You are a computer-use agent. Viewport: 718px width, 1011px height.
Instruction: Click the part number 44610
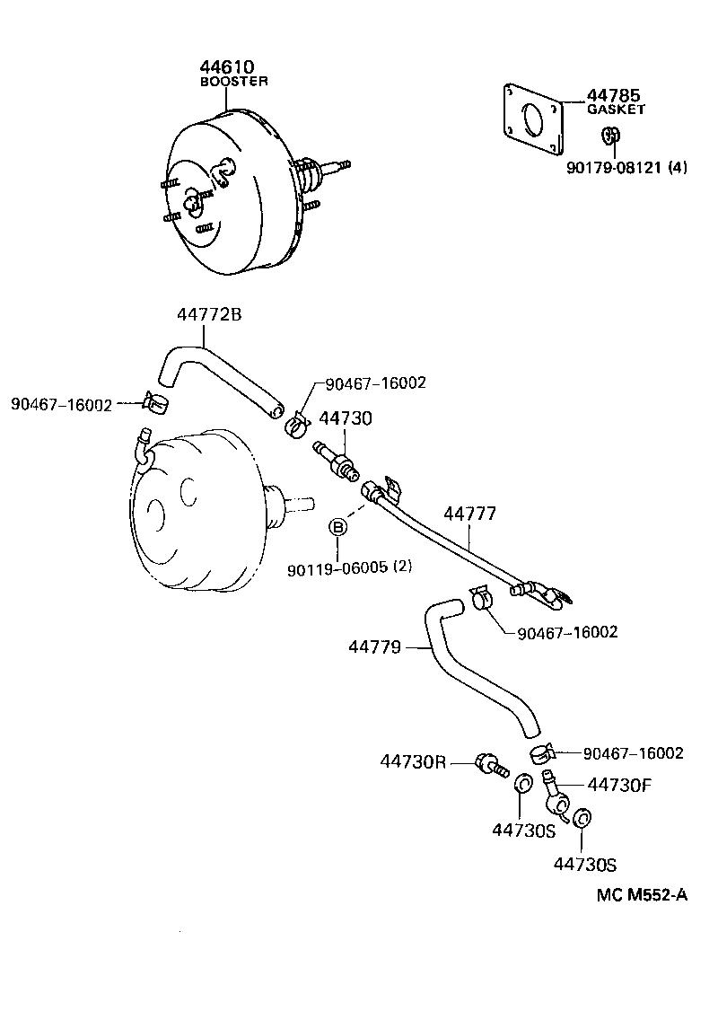228,67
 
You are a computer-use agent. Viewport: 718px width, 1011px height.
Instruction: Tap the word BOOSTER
233,81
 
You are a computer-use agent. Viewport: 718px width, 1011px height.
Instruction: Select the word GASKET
616,109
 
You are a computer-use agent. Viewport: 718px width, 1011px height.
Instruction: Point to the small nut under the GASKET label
611,136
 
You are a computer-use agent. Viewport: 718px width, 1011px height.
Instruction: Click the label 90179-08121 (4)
626,166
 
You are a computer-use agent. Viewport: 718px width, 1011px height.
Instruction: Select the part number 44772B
209,314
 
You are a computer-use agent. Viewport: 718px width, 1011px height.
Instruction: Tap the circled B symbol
339,527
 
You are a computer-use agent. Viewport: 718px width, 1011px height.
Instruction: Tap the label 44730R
413,761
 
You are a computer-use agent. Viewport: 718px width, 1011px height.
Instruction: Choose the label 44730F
618,784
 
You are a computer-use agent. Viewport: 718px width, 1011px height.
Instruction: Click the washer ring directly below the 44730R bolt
521,787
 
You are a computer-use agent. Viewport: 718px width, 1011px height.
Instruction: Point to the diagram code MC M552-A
642,894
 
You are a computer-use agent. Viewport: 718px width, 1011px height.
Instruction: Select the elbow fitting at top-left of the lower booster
141,446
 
